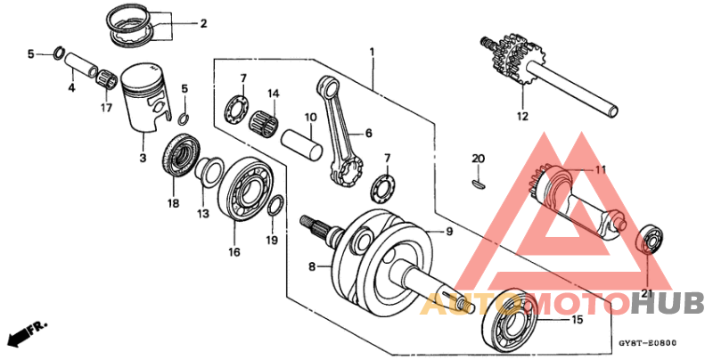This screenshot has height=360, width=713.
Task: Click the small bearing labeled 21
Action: pyautogui.click(x=654, y=241)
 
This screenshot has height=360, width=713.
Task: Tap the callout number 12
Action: pyautogui.click(x=521, y=116)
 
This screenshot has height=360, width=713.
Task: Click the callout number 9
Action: pyautogui.click(x=450, y=232)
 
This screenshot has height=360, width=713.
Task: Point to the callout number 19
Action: pyautogui.click(x=272, y=240)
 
